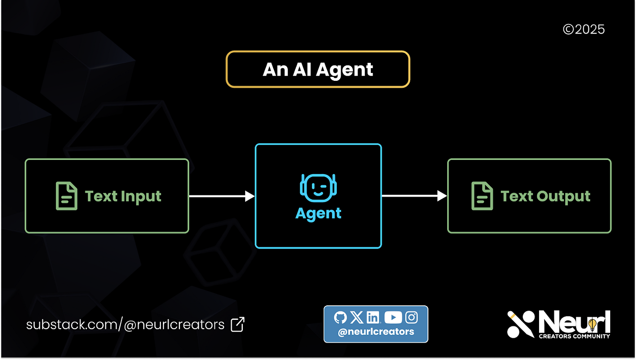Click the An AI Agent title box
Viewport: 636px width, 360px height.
tap(318, 69)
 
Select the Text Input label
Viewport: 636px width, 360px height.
tap(123, 196)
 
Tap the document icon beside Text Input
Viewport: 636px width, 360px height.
tap(66, 196)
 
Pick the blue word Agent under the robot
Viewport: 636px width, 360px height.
tap(318, 213)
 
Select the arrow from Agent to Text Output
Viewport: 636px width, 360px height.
tap(414, 196)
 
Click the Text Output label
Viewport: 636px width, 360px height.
tap(545, 196)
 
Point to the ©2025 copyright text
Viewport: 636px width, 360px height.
tap(584, 30)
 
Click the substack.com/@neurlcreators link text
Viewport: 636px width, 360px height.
tap(125, 325)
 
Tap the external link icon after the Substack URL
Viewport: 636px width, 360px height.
tap(237, 324)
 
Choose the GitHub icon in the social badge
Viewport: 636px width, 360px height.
tap(340, 318)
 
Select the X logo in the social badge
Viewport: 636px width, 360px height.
tap(357, 318)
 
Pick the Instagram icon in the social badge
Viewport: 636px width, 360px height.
tap(411, 318)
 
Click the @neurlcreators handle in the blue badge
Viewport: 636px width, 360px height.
tap(376, 332)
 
